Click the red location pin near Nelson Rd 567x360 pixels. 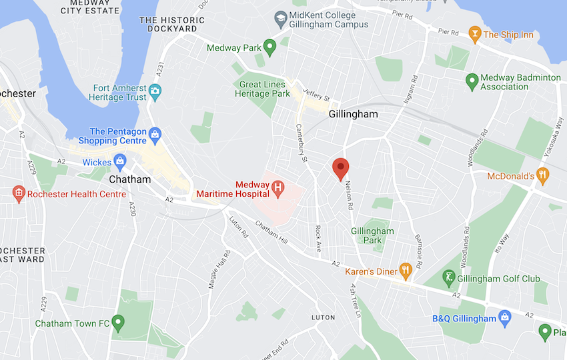341,167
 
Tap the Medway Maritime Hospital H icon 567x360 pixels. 279,189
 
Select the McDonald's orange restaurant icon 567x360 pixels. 544,176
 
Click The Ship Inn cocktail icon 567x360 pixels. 474,34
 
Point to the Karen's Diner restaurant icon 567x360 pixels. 405,271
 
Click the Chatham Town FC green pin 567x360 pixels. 119,323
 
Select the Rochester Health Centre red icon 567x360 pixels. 19,194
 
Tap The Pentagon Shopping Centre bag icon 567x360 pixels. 155,135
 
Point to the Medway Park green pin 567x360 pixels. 269,47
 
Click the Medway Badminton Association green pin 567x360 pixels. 471,81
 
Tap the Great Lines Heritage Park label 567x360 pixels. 262,89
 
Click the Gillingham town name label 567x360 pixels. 353,114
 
